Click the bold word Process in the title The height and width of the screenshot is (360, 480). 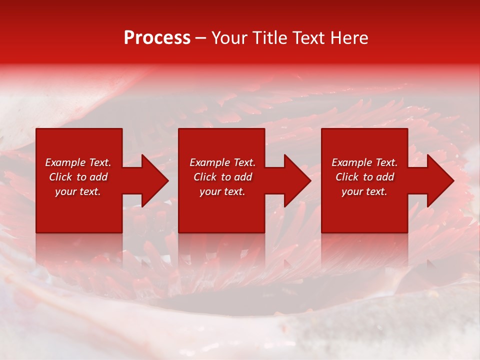pyautogui.click(x=157, y=38)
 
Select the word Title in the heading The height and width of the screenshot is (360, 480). pyautogui.click(x=272, y=38)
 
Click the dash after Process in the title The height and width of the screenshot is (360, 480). pyautogui.click(x=201, y=38)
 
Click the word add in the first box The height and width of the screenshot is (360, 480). pyautogui.click(x=98, y=177)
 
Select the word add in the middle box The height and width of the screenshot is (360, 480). pyautogui.click(x=243, y=177)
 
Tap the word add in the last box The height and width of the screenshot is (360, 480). pyautogui.click(x=385, y=177)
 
